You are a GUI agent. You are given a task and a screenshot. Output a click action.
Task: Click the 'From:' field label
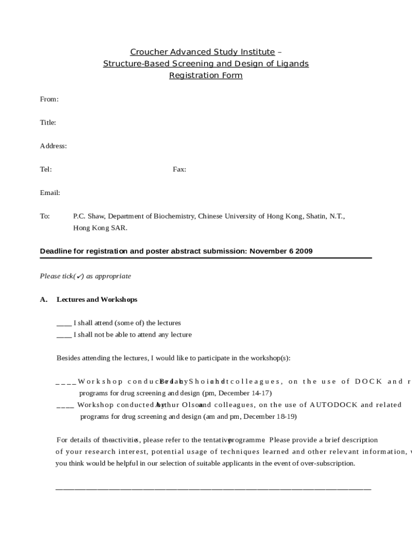(49, 99)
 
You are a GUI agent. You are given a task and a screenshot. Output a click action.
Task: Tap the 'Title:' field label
(48, 123)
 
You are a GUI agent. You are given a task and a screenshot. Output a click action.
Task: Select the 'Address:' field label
(54, 146)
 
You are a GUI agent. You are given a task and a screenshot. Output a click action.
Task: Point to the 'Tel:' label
(46, 169)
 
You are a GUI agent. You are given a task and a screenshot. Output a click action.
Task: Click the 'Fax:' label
(179, 169)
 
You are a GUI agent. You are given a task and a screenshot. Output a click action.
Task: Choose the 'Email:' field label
(50, 193)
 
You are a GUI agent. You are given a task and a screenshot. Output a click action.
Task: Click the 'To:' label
(45, 216)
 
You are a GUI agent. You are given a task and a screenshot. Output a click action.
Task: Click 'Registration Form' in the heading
(206, 76)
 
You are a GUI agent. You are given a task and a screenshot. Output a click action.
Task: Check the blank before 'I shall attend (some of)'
(64, 324)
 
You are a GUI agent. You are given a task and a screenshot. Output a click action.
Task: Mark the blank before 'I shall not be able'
(64, 335)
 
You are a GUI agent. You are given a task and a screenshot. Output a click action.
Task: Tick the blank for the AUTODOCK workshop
(65, 405)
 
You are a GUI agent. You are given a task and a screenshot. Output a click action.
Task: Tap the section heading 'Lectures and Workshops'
(97, 300)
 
